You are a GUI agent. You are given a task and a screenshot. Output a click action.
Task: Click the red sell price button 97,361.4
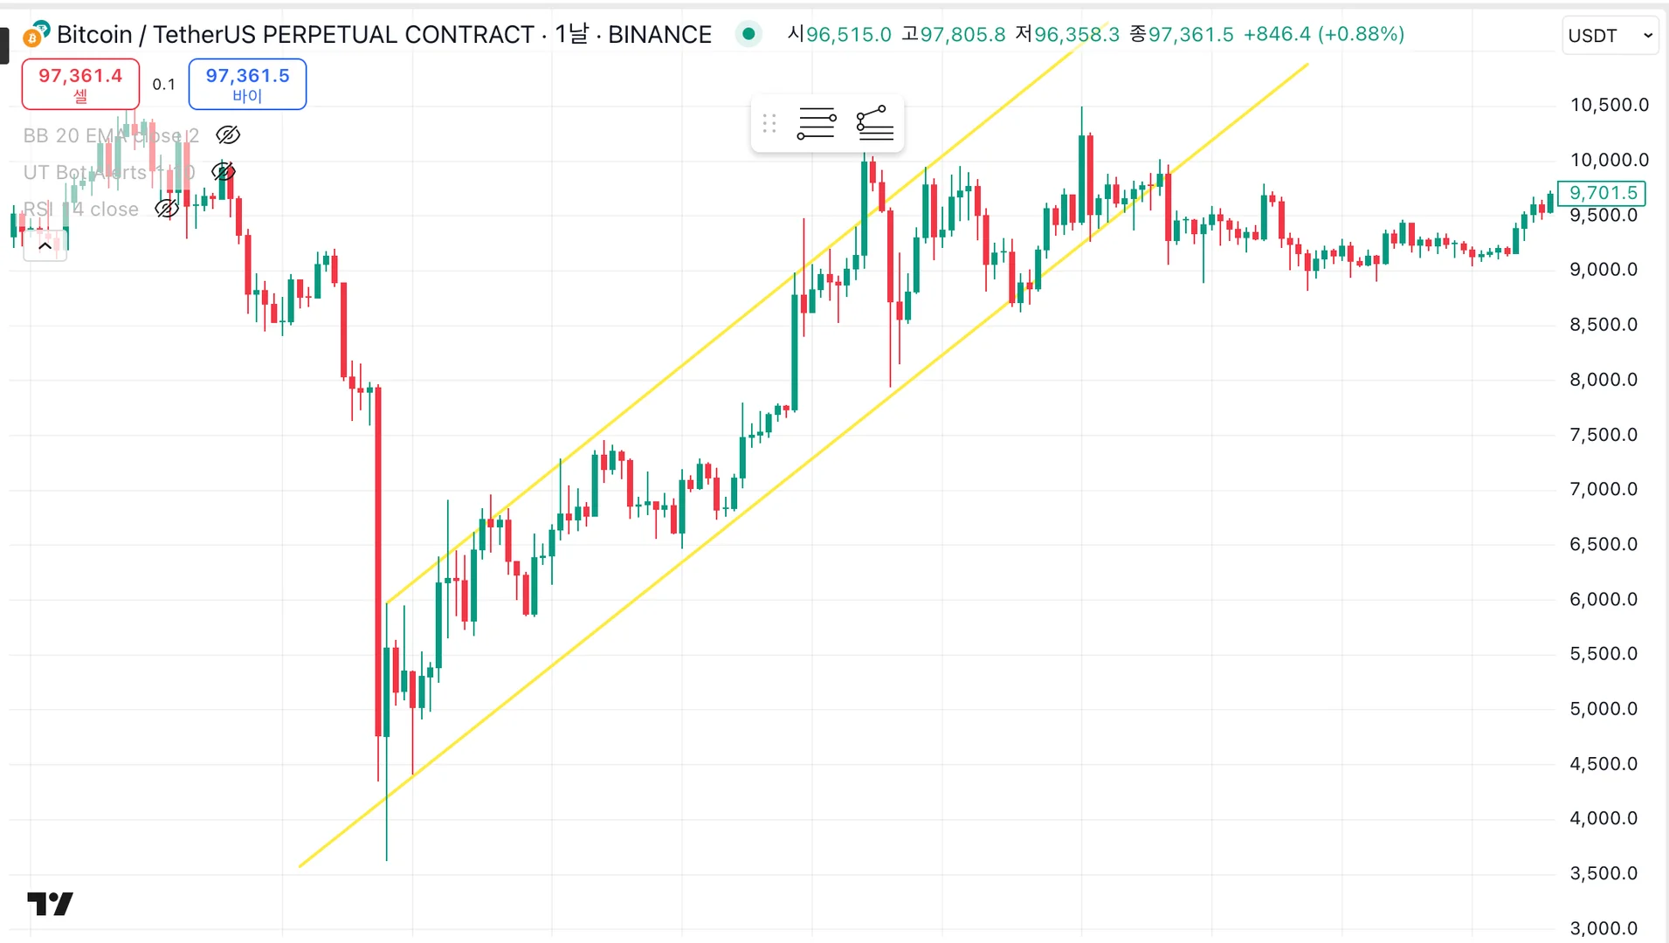point(80,84)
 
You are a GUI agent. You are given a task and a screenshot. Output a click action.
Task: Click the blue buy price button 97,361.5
point(247,84)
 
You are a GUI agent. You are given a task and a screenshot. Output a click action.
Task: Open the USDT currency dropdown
point(1610,36)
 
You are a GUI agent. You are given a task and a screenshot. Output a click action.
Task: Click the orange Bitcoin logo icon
point(35,36)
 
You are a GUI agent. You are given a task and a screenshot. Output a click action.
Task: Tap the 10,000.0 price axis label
point(1609,160)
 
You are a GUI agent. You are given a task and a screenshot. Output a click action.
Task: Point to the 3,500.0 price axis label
point(1603,873)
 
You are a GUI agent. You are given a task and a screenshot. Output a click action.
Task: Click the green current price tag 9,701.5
point(1603,193)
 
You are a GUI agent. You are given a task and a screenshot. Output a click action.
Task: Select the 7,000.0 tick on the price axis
point(1603,489)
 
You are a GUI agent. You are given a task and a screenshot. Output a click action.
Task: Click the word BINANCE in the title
point(659,35)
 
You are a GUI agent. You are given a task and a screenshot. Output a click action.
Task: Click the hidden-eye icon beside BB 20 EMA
point(228,135)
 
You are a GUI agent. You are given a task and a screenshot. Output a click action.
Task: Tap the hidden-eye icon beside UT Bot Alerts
point(224,172)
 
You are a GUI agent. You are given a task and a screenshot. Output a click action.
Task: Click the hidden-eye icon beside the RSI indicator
point(167,209)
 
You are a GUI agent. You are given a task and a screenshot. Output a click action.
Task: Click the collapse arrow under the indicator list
point(45,246)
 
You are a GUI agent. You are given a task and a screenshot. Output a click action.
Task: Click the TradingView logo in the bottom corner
point(50,904)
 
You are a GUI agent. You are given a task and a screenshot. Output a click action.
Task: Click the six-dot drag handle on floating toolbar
point(769,123)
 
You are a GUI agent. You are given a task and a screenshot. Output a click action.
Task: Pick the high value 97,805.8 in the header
point(962,35)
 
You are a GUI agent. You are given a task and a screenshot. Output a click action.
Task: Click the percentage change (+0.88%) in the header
point(1361,35)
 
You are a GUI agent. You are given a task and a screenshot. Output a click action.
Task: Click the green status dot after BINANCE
point(748,35)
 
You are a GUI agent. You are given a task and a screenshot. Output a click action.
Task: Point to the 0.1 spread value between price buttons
point(163,85)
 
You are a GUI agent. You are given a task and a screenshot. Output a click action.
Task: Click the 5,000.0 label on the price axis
point(1603,709)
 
